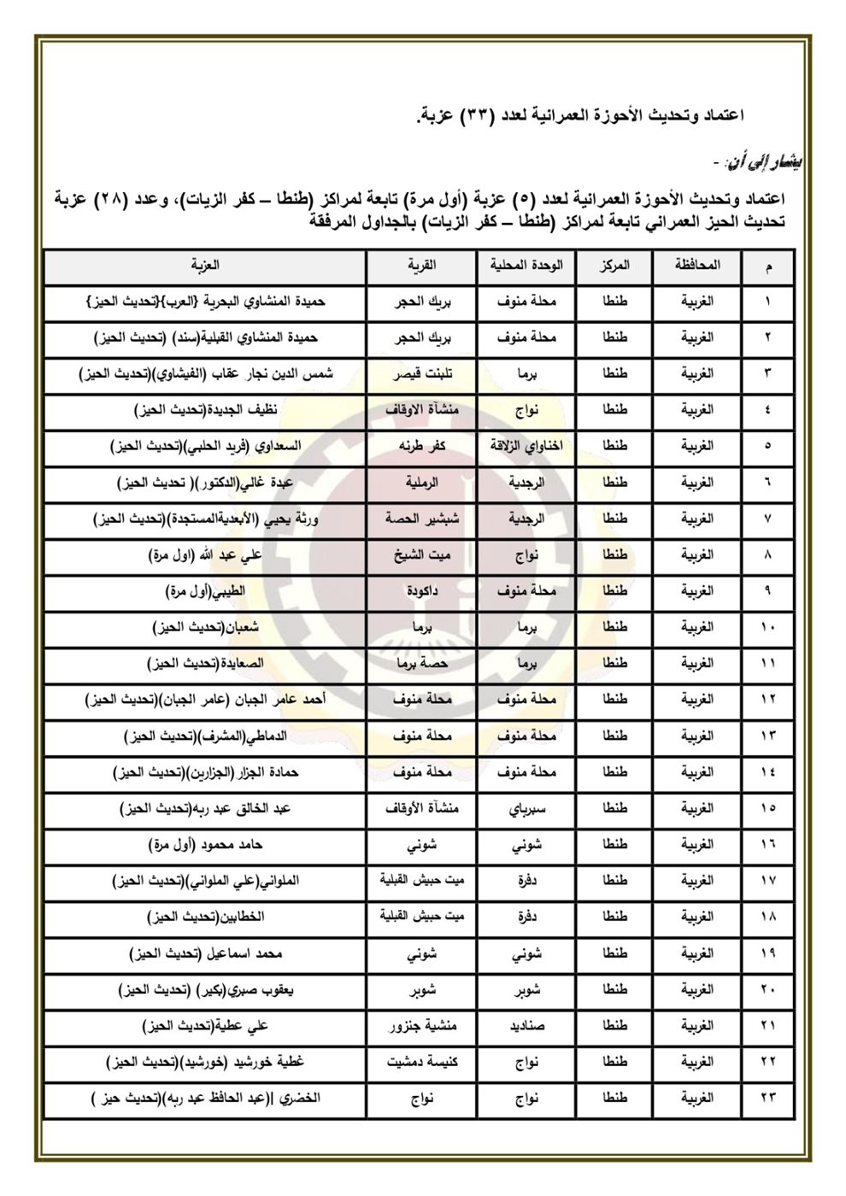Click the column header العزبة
click(x=205, y=266)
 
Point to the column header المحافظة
click(x=697, y=266)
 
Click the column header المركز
click(x=614, y=266)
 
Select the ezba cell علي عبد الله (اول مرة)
click(x=205, y=555)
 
